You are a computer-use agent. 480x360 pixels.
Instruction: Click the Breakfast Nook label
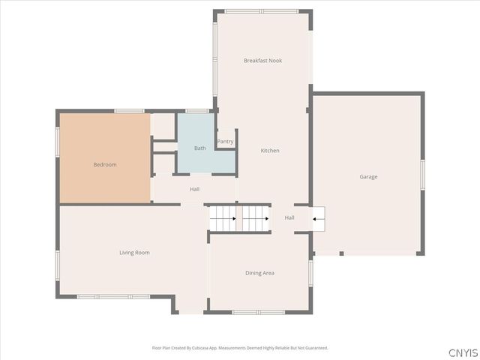coord(262,61)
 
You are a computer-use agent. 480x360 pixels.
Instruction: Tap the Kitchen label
coord(270,151)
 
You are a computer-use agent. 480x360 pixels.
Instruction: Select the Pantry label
coord(225,142)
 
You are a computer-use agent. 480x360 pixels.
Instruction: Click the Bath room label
coord(200,148)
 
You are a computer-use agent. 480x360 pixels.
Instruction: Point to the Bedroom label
coord(105,164)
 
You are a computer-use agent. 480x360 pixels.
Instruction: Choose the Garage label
coord(368,177)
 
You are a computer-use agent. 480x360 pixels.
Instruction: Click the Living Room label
coord(134,253)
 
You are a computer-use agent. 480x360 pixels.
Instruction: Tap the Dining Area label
coord(259,273)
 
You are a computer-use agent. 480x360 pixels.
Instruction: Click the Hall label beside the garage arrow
coord(289,218)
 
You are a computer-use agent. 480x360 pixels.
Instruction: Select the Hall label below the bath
coord(194,189)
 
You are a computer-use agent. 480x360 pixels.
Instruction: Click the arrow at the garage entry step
coord(318,219)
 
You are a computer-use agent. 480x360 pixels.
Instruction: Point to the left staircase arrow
coord(223,219)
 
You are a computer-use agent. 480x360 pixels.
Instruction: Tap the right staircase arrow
coord(255,219)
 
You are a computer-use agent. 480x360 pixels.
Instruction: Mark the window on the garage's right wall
coord(423,174)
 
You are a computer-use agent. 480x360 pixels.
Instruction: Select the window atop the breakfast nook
coord(261,11)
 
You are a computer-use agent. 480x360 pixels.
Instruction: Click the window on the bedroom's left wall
coord(58,142)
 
